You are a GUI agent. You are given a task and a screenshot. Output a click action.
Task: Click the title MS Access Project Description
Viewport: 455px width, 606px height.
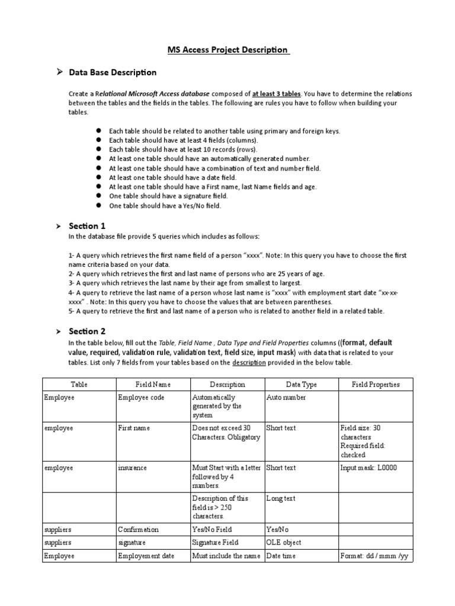click(227, 50)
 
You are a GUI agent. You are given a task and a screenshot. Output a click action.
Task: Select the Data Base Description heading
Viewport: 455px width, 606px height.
click(113, 72)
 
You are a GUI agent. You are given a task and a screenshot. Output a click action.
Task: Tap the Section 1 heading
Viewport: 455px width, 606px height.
click(87, 226)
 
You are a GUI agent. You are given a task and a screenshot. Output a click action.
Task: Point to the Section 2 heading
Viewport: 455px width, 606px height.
click(87, 331)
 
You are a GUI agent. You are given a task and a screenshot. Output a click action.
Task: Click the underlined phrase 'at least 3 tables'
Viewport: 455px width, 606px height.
click(277, 94)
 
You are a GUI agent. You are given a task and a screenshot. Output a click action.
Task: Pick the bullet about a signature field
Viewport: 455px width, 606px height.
click(160, 196)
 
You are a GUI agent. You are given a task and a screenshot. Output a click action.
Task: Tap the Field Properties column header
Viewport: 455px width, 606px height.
click(376, 385)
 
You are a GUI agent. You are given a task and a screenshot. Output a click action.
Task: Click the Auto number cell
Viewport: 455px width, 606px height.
click(286, 398)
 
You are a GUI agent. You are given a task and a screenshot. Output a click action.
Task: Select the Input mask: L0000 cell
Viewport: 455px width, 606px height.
click(369, 468)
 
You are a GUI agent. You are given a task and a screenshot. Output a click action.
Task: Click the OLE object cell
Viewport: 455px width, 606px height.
click(284, 543)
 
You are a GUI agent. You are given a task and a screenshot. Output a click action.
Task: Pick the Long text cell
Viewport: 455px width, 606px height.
click(281, 499)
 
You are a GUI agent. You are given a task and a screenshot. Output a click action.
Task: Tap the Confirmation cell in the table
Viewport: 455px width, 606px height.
click(138, 530)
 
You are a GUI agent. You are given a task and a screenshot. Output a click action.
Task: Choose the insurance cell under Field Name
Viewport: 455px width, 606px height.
click(132, 468)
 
